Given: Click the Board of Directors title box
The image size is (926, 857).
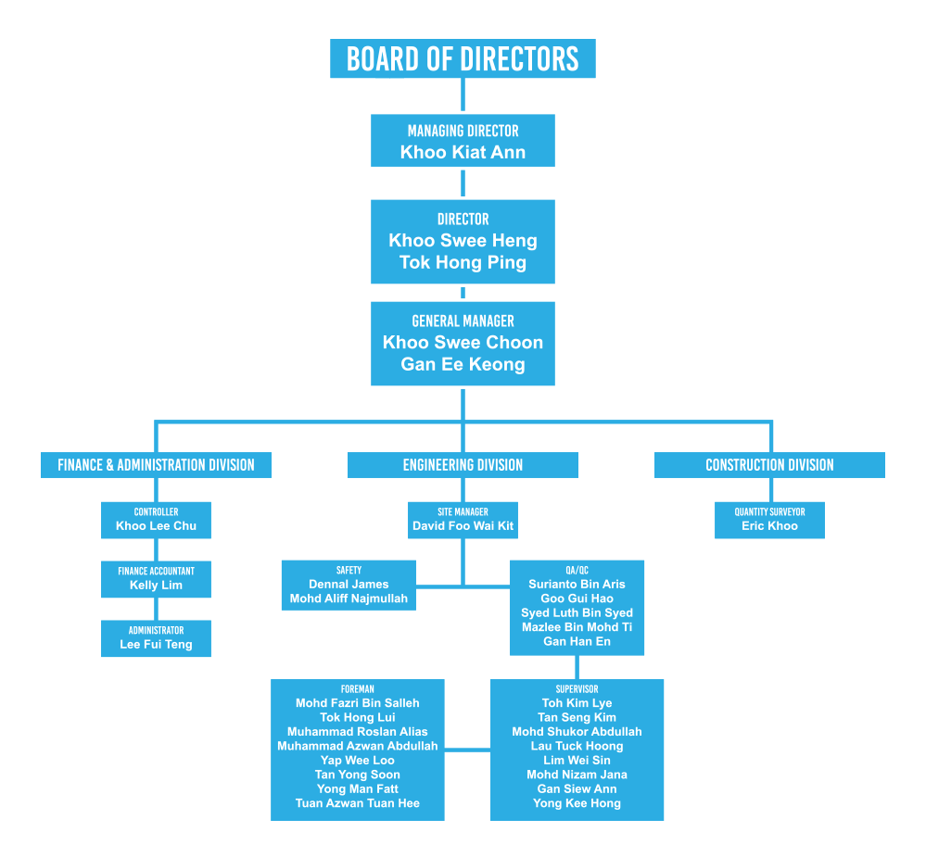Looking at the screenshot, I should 463,58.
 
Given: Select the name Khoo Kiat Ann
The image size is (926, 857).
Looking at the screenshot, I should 463,153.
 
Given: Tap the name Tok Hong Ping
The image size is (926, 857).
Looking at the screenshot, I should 463,263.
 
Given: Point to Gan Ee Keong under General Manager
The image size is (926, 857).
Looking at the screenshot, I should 463,365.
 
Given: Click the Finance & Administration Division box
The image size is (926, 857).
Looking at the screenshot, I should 156,465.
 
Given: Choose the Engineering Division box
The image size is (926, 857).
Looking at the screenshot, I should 463,465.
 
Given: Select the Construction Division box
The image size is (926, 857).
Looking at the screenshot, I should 769,465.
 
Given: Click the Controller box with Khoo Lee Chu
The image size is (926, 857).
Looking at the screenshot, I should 156,520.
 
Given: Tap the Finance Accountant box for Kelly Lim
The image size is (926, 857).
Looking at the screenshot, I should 156,579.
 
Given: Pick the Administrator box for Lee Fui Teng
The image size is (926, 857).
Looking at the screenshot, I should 156,638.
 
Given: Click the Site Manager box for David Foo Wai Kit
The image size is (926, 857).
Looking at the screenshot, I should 463,520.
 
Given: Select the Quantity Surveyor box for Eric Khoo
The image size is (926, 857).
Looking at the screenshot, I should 769,520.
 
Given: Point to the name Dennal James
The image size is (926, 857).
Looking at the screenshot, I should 349,585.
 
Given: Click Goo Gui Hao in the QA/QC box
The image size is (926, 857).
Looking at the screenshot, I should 577,599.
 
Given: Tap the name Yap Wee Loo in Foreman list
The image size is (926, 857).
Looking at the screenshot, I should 357,761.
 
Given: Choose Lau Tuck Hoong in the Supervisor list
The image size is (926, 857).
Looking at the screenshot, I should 577,746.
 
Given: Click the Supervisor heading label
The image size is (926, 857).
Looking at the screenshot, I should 577,689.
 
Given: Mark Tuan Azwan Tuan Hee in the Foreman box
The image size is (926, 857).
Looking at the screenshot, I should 357,803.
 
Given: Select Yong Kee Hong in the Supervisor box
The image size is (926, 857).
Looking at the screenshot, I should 577,803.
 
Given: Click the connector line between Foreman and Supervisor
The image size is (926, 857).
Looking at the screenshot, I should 467,750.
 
